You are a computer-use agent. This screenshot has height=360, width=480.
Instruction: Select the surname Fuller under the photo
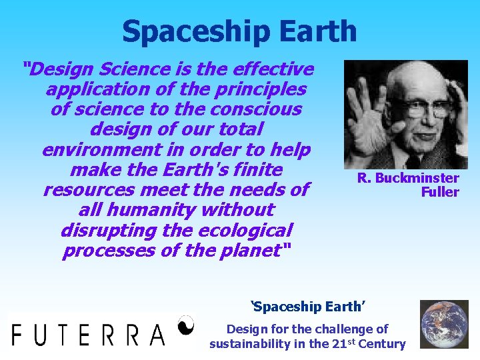pyautogui.click(x=440, y=192)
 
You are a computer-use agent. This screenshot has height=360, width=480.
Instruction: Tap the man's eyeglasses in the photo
pyautogui.click(x=421, y=107)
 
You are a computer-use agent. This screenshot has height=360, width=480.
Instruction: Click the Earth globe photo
pyautogui.click(x=444, y=324)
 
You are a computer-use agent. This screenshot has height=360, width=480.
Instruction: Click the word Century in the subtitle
pyautogui.click(x=381, y=344)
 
